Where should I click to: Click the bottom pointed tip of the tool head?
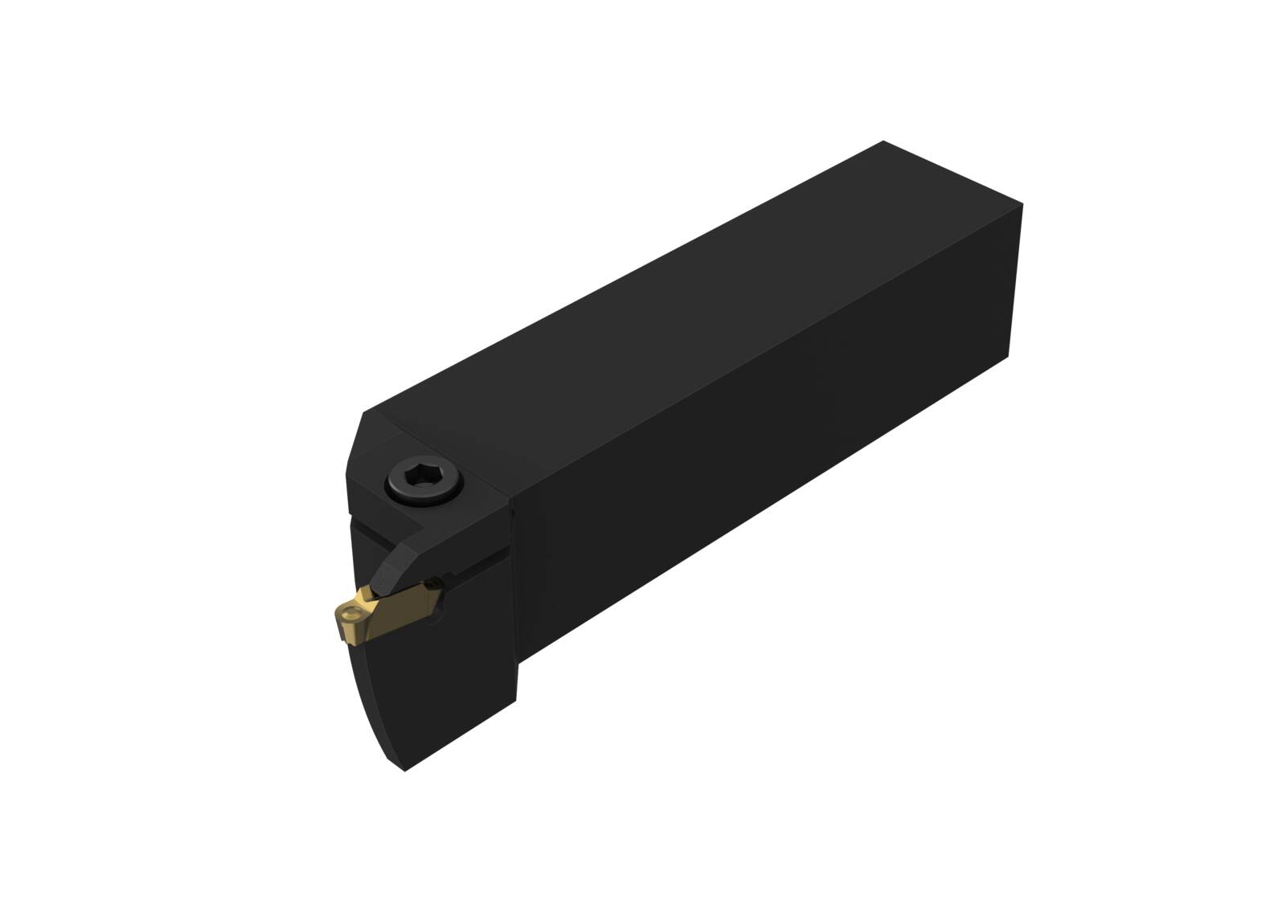pyautogui.click(x=405, y=771)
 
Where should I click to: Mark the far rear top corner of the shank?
pyautogui.click(x=883, y=141)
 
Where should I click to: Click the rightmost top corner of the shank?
pyautogui.click(x=1022, y=204)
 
